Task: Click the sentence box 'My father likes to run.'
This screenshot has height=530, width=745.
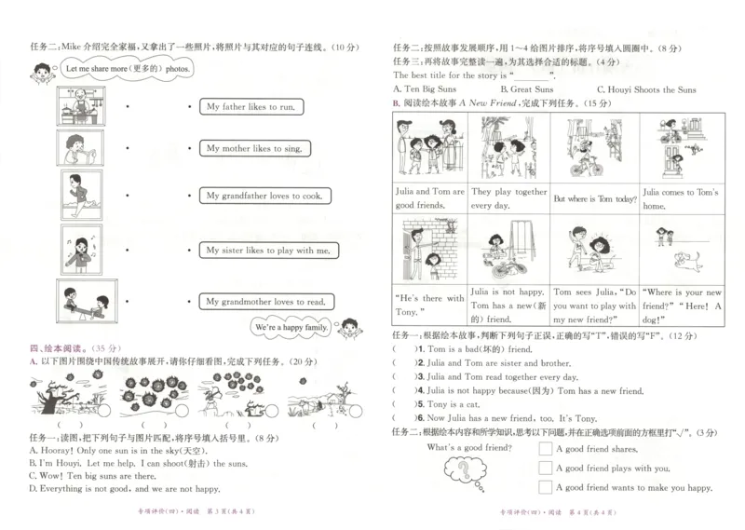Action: [x=251, y=107]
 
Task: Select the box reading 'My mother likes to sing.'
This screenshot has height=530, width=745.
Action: [x=253, y=148]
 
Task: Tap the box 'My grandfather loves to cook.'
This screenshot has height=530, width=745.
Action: [x=264, y=196]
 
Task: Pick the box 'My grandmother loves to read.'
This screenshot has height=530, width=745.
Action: [x=265, y=301]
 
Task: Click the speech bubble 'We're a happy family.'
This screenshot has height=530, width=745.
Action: [x=291, y=329]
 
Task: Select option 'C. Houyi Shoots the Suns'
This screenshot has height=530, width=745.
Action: [x=645, y=89]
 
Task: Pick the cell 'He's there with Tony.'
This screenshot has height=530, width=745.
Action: [x=427, y=304]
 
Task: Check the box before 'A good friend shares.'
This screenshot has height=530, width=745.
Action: [x=546, y=449]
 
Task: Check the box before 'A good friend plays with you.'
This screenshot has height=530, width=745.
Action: [x=546, y=468]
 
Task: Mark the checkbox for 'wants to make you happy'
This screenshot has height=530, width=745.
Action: [x=546, y=487]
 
